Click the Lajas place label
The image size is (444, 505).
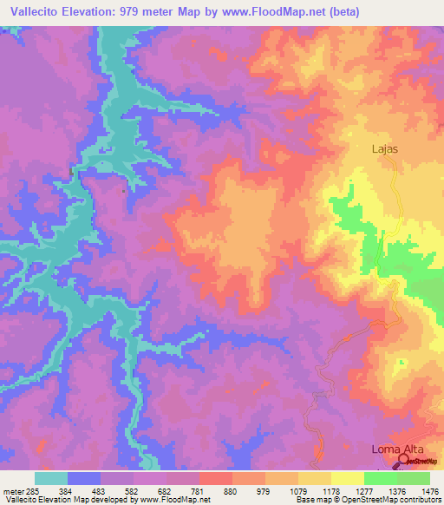point(385,148)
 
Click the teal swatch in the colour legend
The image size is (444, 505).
point(51,478)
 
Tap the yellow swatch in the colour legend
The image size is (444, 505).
point(347,478)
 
